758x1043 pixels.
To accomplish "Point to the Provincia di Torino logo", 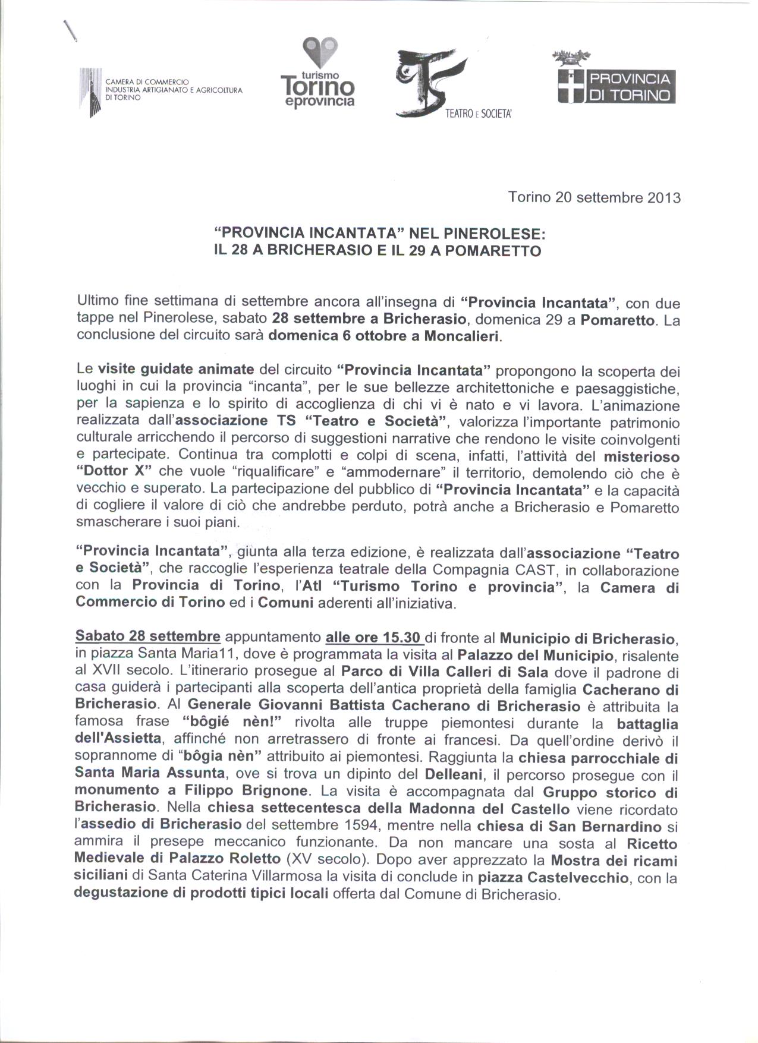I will pos(616,80).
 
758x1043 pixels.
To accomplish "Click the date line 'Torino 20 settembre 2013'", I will pos(594,197).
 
